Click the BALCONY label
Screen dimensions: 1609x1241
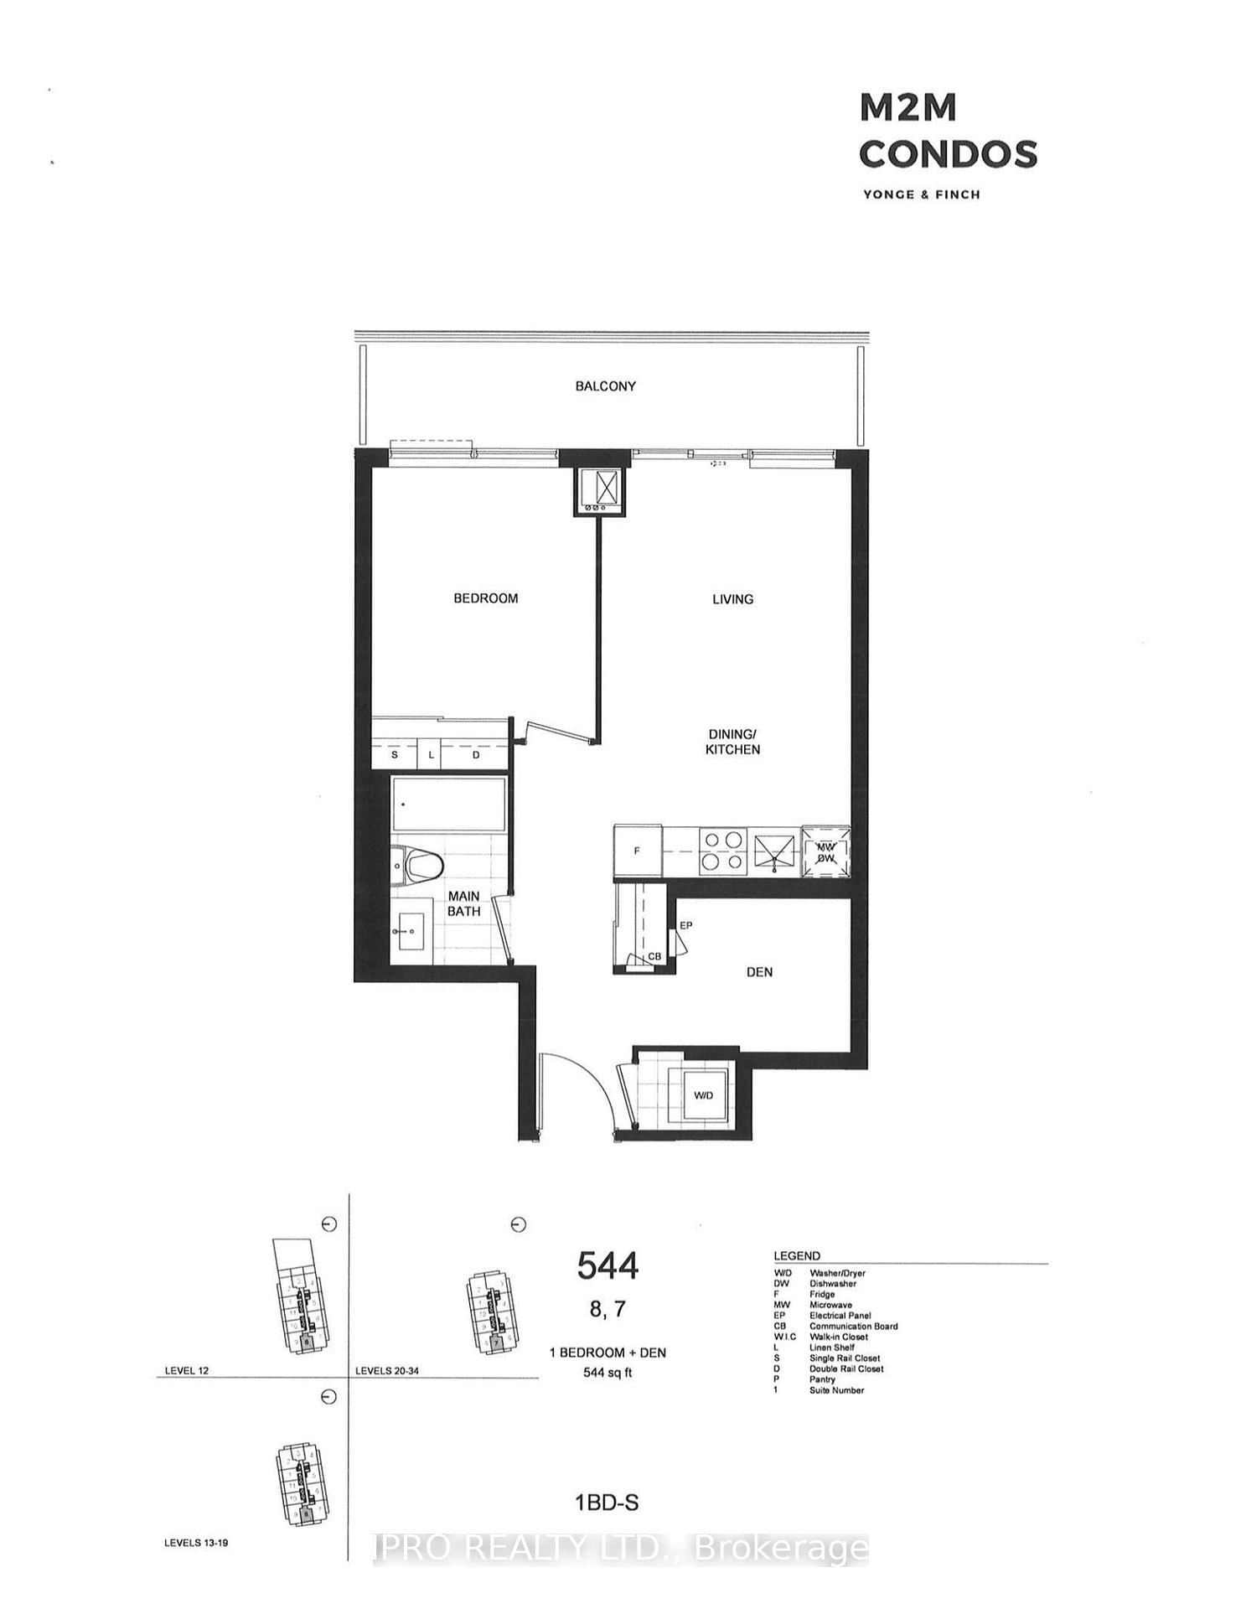(x=605, y=386)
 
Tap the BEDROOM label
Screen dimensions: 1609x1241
(x=485, y=598)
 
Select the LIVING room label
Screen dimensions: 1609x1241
(x=732, y=599)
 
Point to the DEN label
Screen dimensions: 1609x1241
(x=759, y=972)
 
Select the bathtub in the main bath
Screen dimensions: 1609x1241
(x=449, y=804)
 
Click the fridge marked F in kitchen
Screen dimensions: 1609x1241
(x=638, y=851)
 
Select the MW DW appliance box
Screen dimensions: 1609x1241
(x=826, y=851)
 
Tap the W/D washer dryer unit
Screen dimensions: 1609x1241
(x=703, y=1095)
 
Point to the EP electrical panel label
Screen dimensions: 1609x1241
(x=686, y=926)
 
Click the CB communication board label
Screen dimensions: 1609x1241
(x=654, y=957)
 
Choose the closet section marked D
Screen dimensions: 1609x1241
(x=476, y=755)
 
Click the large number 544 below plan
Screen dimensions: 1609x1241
(x=608, y=1266)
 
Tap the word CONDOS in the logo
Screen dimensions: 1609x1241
(x=948, y=153)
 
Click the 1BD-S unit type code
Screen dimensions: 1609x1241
(x=607, y=1503)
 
